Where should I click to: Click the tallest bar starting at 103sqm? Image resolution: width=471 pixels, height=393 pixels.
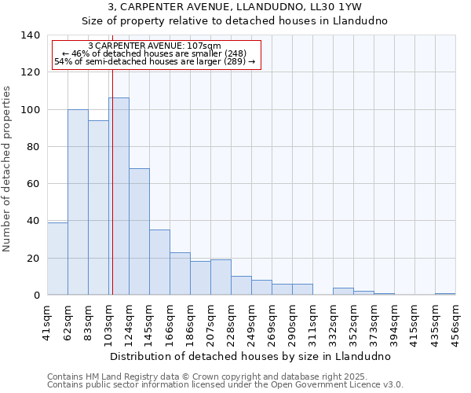coord(119,196)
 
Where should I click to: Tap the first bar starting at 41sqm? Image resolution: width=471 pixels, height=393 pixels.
coord(57,259)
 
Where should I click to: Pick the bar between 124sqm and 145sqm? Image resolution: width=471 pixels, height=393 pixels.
coord(139,232)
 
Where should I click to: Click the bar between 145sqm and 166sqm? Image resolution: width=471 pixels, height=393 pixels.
coord(159,263)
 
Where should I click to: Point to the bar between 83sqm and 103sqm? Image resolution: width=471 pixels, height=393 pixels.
coord(98,208)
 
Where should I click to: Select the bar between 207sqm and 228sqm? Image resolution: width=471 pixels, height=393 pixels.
coord(221,277)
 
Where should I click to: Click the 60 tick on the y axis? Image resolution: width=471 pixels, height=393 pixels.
coord(33,184)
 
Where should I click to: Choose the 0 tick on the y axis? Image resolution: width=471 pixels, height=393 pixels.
coord(36,296)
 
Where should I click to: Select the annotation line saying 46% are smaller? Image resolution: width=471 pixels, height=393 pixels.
coord(155,53)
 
